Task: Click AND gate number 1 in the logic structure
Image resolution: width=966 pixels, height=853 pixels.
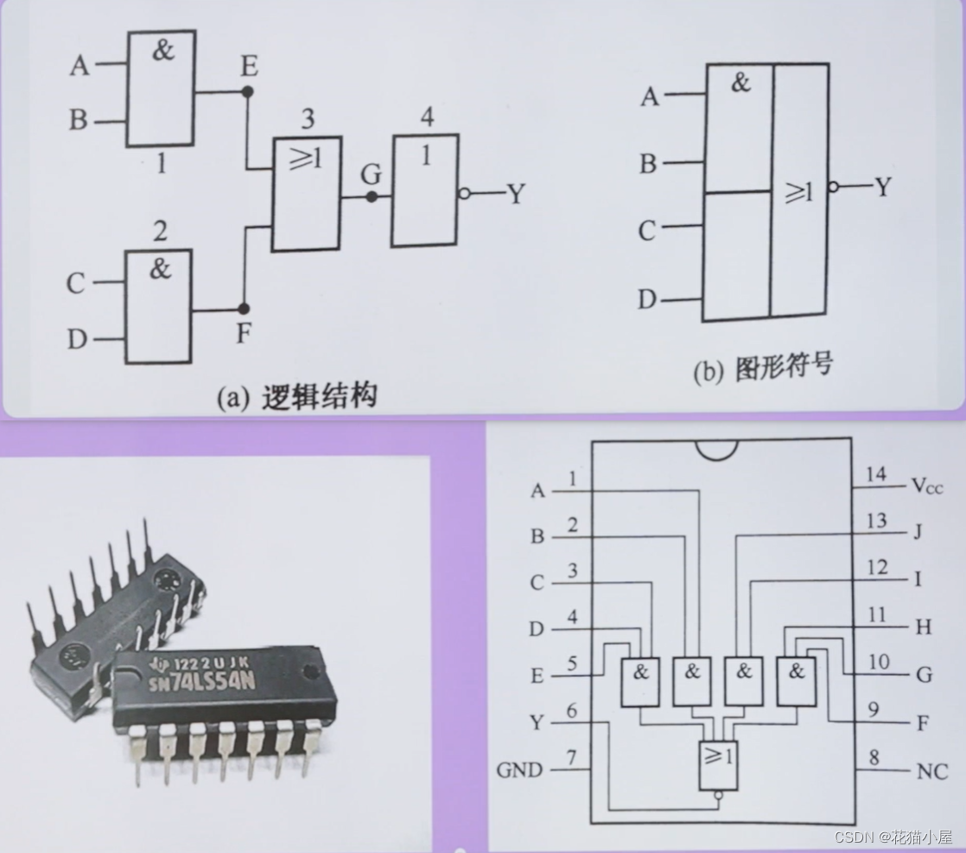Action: pos(161,88)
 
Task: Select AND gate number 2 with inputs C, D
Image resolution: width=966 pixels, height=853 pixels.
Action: pos(158,306)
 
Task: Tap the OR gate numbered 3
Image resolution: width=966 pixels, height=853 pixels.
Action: pos(306,193)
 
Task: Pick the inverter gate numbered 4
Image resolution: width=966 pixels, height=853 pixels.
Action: pos(424,190)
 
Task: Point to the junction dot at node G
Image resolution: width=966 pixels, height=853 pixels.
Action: pos(372,196)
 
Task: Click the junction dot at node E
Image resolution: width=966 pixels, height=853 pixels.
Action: pos(248,90)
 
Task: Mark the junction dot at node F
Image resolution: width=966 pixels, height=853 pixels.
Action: pos(243,308)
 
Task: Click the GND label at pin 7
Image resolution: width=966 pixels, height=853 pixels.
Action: pos(519,769)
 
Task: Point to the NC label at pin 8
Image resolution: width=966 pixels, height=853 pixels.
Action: pos(932,770)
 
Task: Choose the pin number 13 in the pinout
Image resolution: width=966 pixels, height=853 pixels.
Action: pos(875,521)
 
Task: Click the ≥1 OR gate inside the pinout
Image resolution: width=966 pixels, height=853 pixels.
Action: pos(718,765)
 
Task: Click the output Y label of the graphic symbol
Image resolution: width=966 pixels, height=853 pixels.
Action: pos(881,186)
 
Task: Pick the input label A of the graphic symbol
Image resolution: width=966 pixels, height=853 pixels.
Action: pos(649,97)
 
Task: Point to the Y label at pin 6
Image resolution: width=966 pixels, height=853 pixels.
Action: pos(537,721)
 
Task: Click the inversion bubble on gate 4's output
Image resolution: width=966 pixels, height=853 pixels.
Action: pos(465,194)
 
